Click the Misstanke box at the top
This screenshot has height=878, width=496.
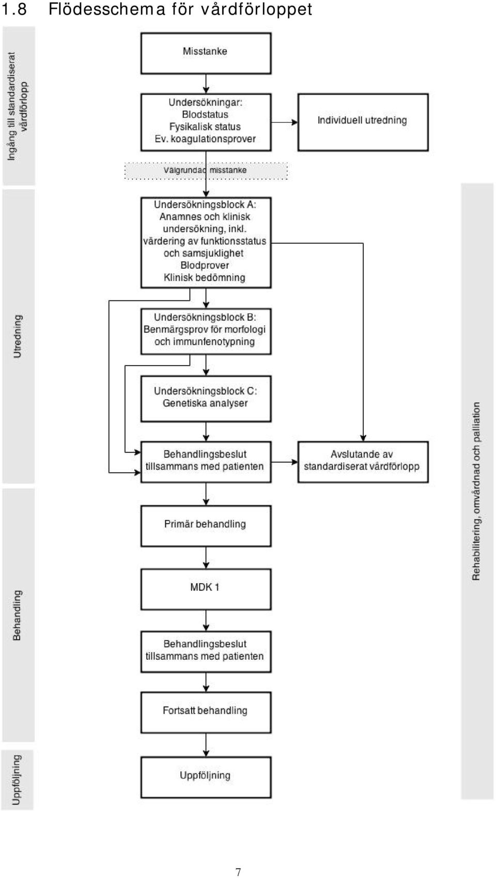(206, 53)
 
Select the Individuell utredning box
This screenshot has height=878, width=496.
(363, 122)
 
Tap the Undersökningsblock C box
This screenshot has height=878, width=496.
(206, 399)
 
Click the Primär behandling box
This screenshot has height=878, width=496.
(206, 526)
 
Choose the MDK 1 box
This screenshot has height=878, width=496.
(206, 589)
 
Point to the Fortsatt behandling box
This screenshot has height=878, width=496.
(206, 712)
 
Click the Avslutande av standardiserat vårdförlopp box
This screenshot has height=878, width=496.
(363, 462)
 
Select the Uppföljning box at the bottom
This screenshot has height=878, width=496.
(206, 777)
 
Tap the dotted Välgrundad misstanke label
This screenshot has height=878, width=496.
(206, 171)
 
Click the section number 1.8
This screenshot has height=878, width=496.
(14, 9)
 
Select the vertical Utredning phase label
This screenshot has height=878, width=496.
(18, 336)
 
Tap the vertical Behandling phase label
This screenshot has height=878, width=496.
(17, 615)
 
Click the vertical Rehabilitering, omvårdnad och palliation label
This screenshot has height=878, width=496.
(476, 491)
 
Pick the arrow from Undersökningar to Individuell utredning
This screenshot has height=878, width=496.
(285, 123)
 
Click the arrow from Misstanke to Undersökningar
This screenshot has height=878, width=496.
(206, 84)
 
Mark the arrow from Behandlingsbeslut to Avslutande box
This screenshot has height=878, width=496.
(285, 462)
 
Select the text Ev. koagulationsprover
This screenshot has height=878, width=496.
(205, 139)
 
